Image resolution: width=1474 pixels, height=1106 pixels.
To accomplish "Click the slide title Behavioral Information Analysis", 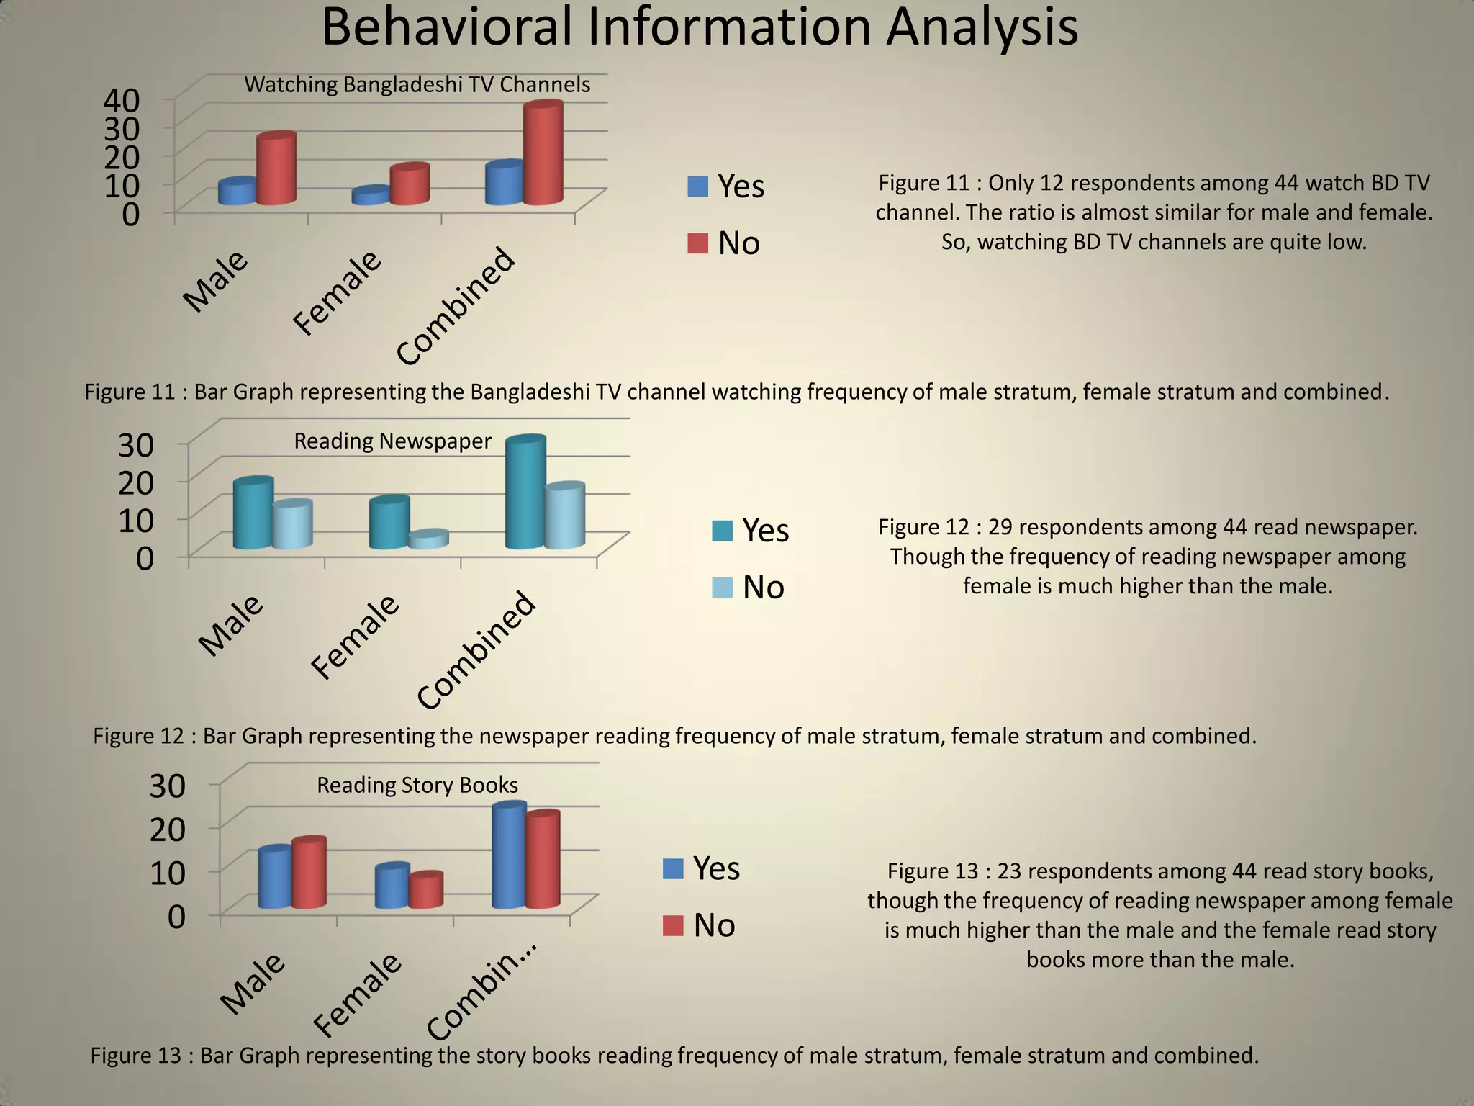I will pyautogui.click(x=699, y=27).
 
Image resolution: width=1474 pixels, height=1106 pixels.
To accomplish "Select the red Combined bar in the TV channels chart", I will pyautogui.click(x=543, y=155).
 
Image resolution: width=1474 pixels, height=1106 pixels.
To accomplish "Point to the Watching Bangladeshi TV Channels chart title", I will pyautogui.click(x=417, y=85).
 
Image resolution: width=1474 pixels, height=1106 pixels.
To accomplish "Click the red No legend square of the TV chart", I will pyautogui.click(x=697, y=243).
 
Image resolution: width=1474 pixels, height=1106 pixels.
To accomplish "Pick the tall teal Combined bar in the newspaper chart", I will pyautogui.click(x=525, y=494).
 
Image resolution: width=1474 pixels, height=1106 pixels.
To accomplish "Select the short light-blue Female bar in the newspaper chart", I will pyautogui.click(x=428, y=540).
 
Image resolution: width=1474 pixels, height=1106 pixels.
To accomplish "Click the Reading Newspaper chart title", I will pyautogui.click(x=392, y=441).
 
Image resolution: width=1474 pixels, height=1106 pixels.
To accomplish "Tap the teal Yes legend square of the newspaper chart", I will pyautogui.click(x=722, y=531).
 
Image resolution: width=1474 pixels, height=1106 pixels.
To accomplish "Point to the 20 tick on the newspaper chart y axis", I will pyautogui.click(x=136, y=482).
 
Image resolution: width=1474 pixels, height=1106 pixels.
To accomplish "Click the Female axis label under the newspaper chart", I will pyautogui.click(x=355, y=637).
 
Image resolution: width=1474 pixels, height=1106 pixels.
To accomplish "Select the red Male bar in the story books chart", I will pyautogui.click(x=309, y=873).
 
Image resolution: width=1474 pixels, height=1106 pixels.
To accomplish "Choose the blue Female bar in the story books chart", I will pyautogui.click(x=392, y=887).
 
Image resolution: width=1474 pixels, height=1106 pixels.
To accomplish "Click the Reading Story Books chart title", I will pyautogui.click(x=417, y=785).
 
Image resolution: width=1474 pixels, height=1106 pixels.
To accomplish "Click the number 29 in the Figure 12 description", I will pyautogui.click(x=1001, y=527).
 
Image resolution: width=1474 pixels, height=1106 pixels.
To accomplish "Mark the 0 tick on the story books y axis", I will pyautogui.click(x=176, y=917).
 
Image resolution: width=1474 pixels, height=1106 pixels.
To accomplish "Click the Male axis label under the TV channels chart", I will pyautogui.click(x=214, y=282).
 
